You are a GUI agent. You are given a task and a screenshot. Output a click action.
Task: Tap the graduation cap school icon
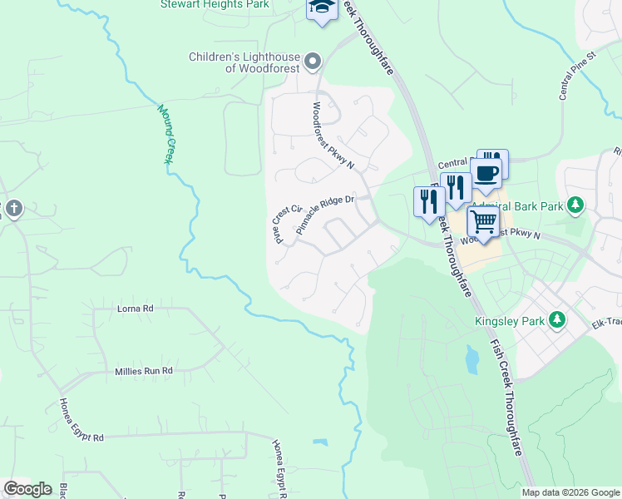tap(320, 7)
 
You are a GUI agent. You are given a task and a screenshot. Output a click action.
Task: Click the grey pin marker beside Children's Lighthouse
tap(313, 60)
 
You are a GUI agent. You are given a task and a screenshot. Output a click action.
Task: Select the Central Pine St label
tap(578, 77)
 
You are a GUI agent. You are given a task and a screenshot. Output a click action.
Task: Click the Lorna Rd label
tap(136, 309)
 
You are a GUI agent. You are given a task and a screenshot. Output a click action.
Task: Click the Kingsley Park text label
tap(508, 320)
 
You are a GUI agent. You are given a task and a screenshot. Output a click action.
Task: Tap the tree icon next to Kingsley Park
tap(558, 320)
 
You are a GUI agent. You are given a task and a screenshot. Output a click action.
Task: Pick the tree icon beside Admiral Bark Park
tap(574, 205)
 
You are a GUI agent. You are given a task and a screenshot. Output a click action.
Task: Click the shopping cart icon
tap(483, 222)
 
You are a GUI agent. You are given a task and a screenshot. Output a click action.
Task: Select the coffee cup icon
tap(487, 173)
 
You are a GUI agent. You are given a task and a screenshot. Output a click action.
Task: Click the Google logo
tap(27, 489)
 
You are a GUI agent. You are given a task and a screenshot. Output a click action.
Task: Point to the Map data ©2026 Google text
tap(570, 492)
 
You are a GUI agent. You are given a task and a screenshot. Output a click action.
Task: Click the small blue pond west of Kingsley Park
tap(472, 360)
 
